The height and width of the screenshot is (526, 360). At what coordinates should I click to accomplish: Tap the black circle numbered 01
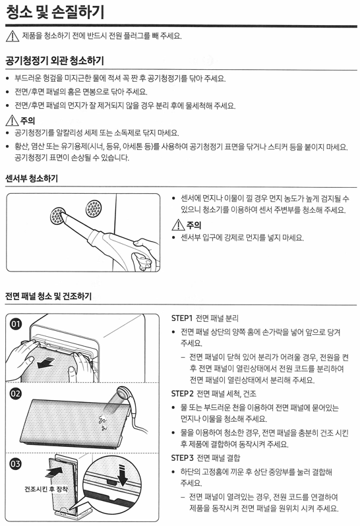click(x=16, y=324)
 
